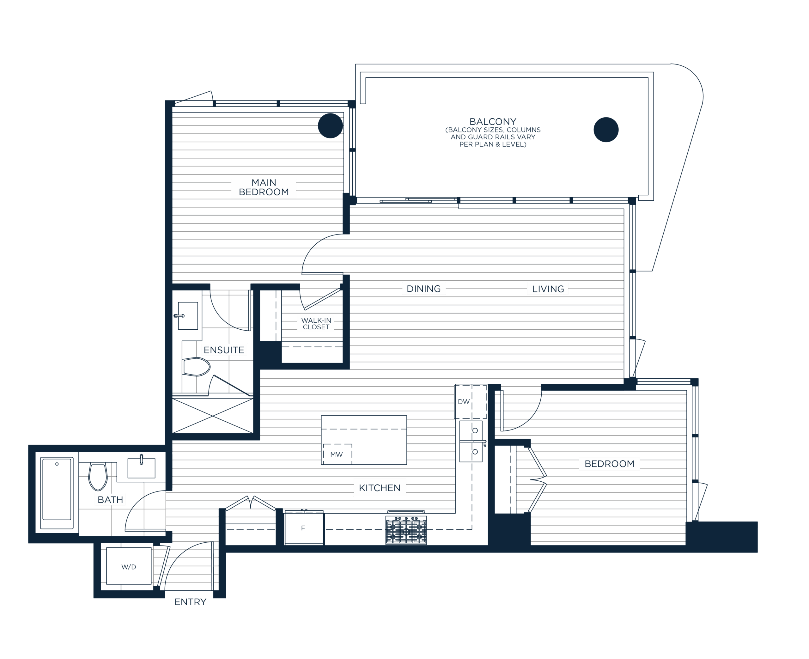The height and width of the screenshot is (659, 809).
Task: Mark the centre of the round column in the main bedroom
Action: (330, 126)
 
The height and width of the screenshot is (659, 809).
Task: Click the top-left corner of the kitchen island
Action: (321, 416)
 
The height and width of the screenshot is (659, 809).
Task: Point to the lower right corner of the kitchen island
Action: (407, 465)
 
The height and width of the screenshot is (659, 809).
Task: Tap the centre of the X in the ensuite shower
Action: (213, 416)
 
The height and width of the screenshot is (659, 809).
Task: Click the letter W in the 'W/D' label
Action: (125, 567)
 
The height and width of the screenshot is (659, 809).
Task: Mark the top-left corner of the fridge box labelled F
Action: (285, 513)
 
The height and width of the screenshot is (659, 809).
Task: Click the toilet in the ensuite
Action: (196, 367)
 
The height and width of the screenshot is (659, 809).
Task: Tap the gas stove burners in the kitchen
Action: (406, 529)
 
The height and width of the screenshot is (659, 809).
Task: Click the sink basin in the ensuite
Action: (188, 316)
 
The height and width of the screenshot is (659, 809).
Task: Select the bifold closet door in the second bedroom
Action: (537, 479)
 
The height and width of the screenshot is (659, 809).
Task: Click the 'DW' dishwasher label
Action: (464, 402)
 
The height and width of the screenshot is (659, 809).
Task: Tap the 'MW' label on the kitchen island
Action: (337, 455)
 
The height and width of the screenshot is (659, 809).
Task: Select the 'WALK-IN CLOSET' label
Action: (316, 324)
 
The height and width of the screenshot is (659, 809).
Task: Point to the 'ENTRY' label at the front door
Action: (190, 602)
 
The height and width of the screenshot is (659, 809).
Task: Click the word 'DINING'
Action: (423, 289)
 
